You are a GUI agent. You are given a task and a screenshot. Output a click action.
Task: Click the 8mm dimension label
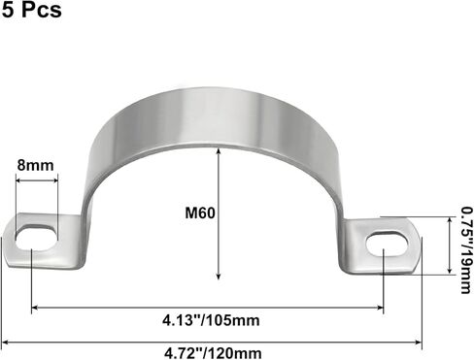tap(36, 165)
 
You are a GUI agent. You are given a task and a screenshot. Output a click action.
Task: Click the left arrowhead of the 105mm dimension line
tap(37, 309)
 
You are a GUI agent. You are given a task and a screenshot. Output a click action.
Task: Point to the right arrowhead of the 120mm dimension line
tap(419, 343)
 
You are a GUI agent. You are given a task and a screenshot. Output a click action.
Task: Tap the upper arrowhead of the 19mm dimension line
tap(451, 220)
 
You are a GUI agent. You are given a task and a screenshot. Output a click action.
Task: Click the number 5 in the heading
tap(8, 12)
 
